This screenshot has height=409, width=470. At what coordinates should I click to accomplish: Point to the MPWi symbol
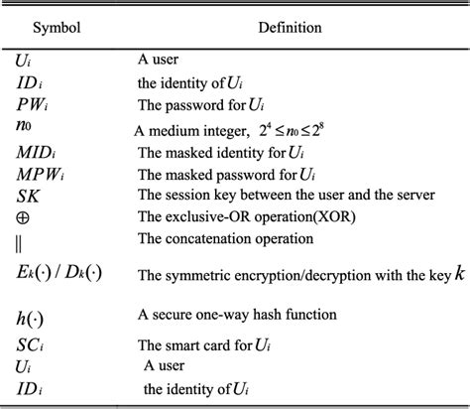click(x=40, y=173)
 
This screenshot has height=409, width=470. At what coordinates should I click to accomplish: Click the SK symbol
click(x=28, y=195)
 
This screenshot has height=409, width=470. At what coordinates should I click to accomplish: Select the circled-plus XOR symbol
click(x=23, y=216)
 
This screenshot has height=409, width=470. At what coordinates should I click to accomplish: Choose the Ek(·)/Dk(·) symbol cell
click(x=58, y=273)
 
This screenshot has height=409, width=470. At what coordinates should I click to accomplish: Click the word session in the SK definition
click(x=184, y=195)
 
